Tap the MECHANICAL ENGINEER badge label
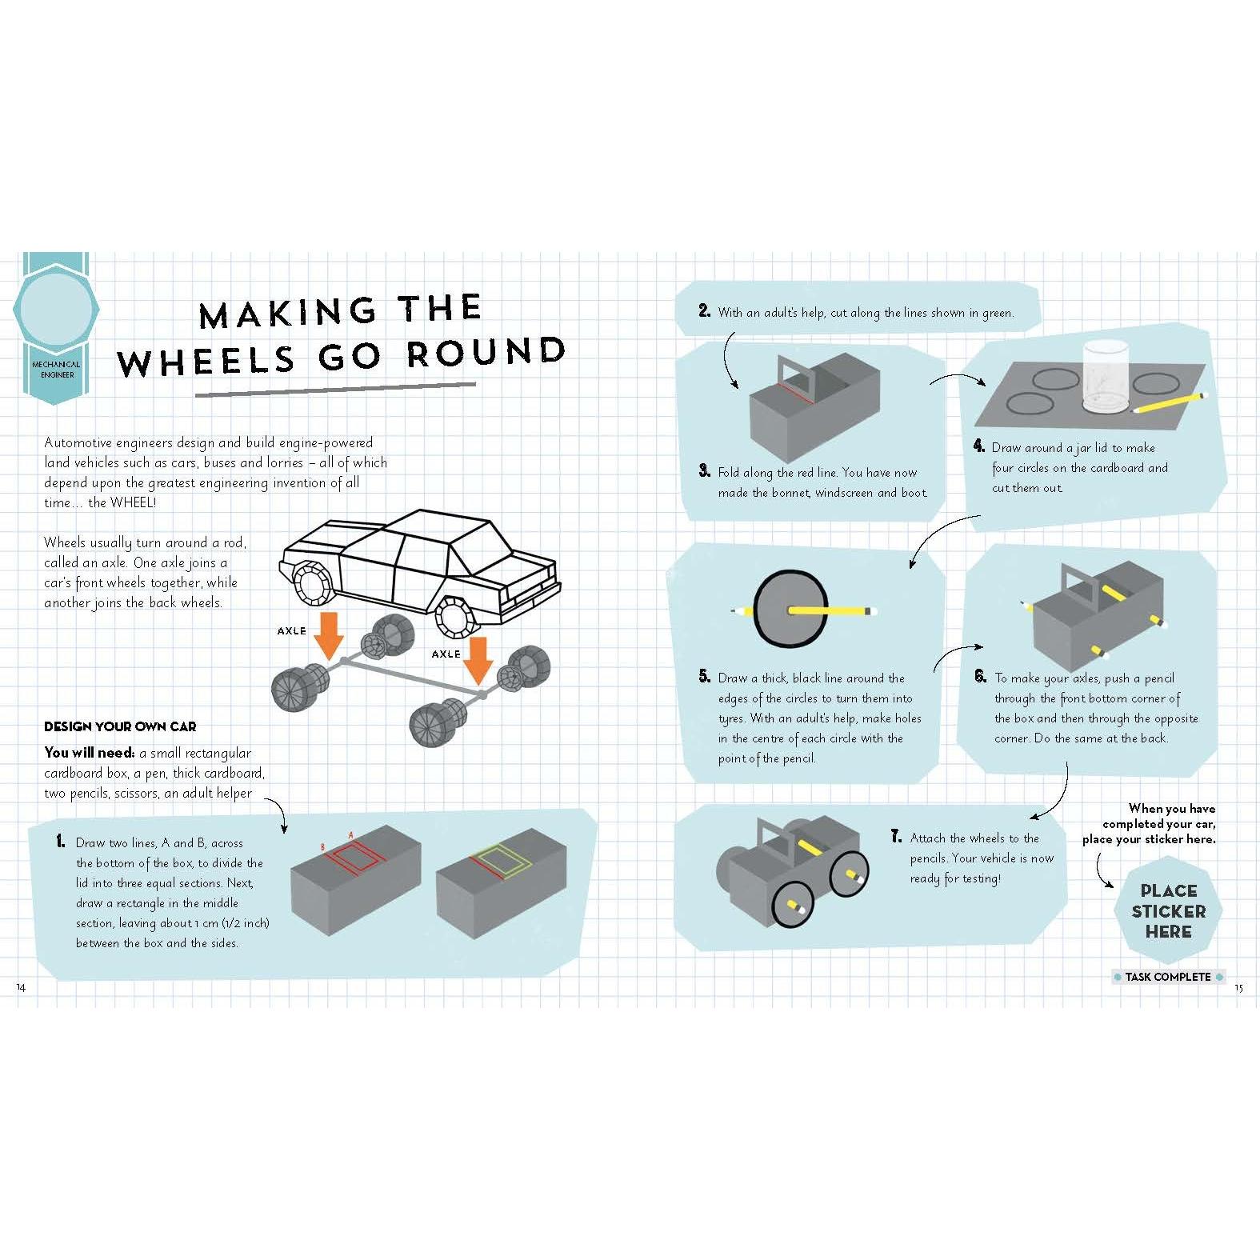pos(56,369)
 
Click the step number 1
pos(61,841)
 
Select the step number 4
pos(978,446)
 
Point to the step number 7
pos(896,837)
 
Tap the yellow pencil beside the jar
pos(1169,402)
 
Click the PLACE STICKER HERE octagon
pos(1168,910)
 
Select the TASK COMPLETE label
pos(1168,977)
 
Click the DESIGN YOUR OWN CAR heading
pos(120,726)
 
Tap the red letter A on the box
pos(351,835)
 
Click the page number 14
pos(21,987)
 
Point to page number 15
pos(1238,988)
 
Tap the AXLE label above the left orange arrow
pos(292,630)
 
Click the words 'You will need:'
pos(90,752)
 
